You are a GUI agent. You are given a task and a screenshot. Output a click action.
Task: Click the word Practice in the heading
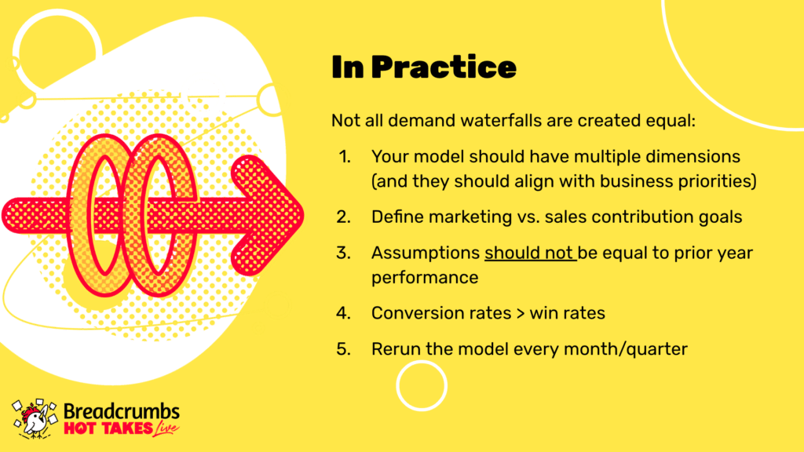[444, 67]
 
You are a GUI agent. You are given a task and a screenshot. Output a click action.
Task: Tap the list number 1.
[345, 156]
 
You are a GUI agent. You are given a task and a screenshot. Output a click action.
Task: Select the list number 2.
[344, 217]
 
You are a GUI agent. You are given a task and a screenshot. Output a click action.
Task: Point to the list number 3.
[344, 253]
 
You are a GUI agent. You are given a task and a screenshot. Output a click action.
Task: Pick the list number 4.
[344, 313]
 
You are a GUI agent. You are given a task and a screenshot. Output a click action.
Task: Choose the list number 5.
[344, 349]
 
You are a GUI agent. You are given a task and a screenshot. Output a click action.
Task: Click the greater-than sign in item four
[521, 314]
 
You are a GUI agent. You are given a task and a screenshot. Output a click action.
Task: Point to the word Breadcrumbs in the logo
[122, 411]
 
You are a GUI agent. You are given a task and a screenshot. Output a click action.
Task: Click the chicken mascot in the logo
[35, 419]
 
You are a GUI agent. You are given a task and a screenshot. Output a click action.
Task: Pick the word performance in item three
[425, 278]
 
